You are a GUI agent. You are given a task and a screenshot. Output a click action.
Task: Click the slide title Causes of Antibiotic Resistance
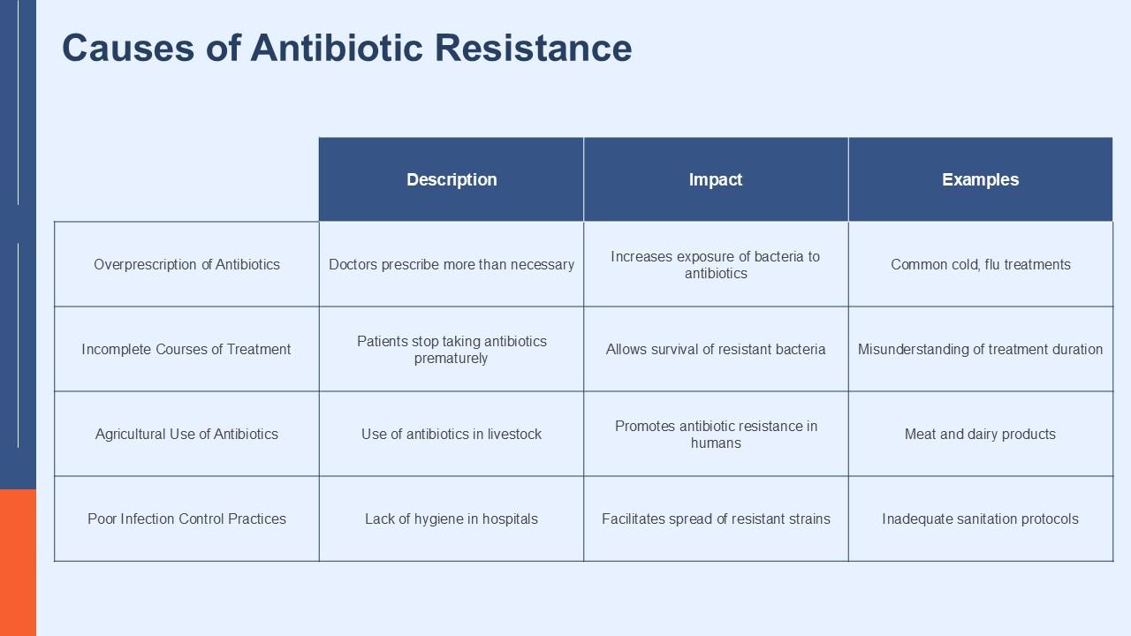346,48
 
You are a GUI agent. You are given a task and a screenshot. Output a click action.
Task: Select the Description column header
452,179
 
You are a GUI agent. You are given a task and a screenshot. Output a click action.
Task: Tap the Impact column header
716,179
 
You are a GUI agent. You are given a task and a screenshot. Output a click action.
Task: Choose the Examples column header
980,179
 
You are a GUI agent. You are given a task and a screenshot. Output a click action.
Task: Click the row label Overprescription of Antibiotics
186,264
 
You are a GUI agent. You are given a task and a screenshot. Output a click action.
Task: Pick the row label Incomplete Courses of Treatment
186,349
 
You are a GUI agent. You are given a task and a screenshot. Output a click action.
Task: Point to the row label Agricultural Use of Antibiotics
186,434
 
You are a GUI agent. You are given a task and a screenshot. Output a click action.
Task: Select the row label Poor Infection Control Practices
186,519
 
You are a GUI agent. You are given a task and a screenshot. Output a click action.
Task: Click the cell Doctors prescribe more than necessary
452,264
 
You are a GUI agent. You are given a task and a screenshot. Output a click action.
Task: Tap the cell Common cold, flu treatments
980,264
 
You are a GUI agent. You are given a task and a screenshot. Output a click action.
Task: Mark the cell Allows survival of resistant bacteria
716,349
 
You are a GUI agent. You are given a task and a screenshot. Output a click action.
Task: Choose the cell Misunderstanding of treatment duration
980,349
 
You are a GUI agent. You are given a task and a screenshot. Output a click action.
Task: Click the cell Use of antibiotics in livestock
452,434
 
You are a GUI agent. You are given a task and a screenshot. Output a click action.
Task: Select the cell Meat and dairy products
980,434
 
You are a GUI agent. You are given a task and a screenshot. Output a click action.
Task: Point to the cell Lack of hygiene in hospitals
452,519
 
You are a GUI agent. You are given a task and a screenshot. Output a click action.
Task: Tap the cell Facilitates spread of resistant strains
716,519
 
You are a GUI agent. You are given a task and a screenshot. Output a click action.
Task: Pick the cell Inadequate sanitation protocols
980,519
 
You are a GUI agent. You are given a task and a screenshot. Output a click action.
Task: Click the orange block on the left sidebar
18,562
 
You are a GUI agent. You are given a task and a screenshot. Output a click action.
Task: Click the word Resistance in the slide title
534,48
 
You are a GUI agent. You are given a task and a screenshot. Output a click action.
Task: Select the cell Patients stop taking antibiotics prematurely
452,349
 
